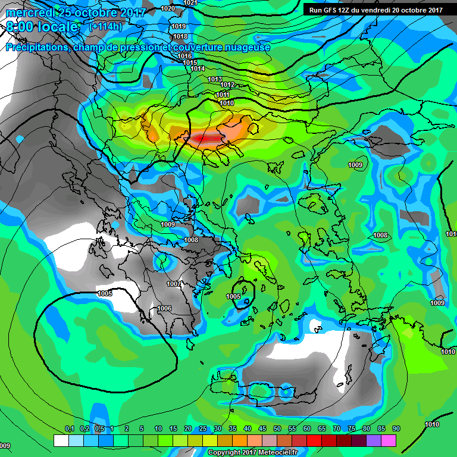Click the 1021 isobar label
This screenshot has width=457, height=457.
[190, 3]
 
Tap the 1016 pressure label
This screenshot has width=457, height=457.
[184, 56]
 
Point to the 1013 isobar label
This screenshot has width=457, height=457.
[215, 79]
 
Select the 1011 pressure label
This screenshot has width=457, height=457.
[223, 95]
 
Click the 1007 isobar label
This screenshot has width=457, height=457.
[174, 284]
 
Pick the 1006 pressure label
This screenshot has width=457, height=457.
[164, 308]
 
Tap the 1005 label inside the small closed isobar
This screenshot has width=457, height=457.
[234, 296]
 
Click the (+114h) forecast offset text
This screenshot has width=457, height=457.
[105, 27]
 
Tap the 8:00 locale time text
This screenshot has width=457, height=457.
[41, 27]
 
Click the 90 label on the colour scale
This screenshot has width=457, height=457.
[396, 428]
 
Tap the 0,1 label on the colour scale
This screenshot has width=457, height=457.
[69, 428]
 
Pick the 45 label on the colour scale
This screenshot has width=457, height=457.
[262, 428]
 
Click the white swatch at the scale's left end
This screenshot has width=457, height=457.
[61, 440]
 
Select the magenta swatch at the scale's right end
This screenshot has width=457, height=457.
[389, 440]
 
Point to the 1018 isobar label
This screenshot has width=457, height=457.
[180, 36]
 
